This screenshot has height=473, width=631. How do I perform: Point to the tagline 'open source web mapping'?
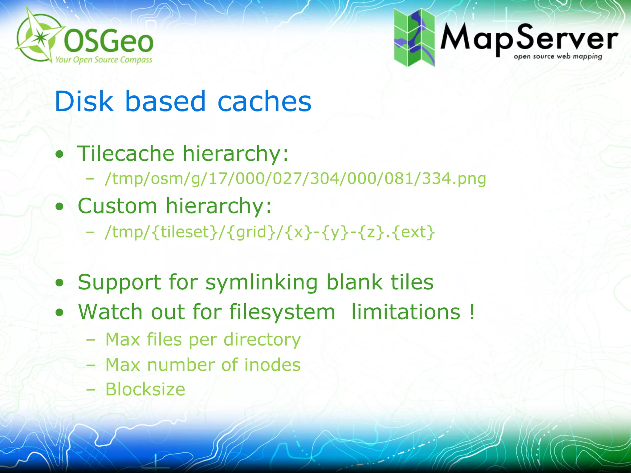558,57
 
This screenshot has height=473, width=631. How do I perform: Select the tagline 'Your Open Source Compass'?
104,59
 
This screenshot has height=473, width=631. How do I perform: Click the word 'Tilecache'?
126,153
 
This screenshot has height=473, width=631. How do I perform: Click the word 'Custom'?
117,206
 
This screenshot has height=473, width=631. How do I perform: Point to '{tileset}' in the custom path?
185,232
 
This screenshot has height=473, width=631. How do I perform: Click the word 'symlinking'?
261,282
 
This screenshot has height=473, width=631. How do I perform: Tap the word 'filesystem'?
282,312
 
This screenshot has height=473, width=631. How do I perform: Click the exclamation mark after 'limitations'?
472,312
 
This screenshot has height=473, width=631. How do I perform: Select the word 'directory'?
262,340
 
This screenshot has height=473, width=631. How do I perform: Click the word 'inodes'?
272,365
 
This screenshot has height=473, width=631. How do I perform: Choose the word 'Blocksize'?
145,389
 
